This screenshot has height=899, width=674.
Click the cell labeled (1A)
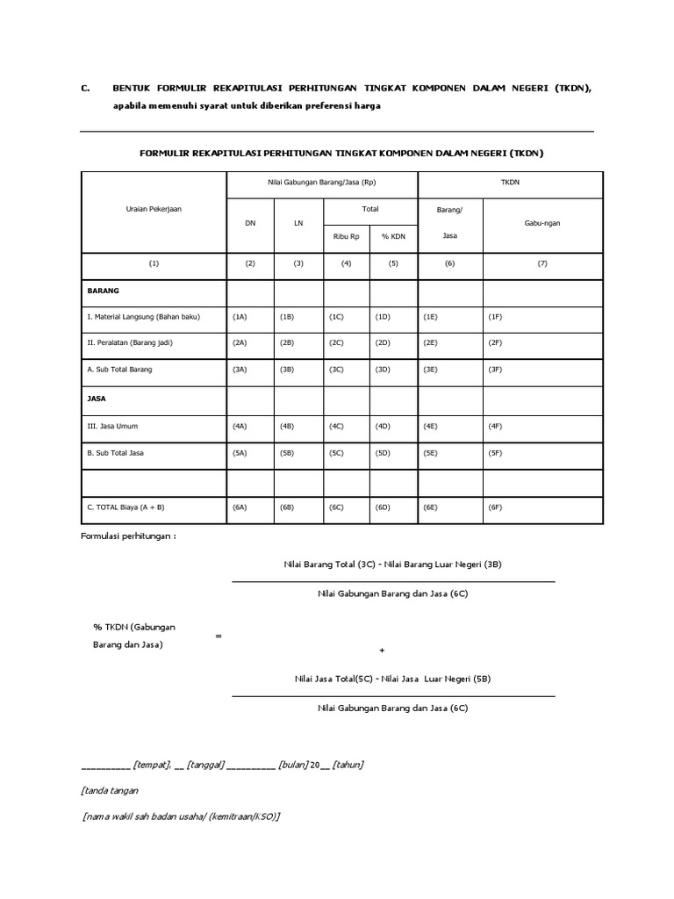tap(240, 317)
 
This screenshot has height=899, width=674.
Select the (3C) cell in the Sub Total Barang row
tap(336, 370)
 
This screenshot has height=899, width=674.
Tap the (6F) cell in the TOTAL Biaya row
tap(495, 507)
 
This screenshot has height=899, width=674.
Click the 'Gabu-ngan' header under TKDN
tap(541, 223)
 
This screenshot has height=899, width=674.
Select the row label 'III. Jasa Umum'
tap(112, 426)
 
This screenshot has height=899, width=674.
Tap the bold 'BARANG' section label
tap(103, 289)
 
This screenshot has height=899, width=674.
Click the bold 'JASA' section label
tap(97, 398)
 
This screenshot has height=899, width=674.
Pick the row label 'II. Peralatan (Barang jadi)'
tap(129, 343)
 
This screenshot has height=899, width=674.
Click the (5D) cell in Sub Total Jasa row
tap(383, 453)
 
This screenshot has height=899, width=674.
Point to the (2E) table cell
tap(430, 343)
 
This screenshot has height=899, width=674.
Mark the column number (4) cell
tap(346, 263)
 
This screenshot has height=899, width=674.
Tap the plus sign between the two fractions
tap(382, 651)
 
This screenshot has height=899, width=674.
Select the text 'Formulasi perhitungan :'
tap(128, 536)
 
